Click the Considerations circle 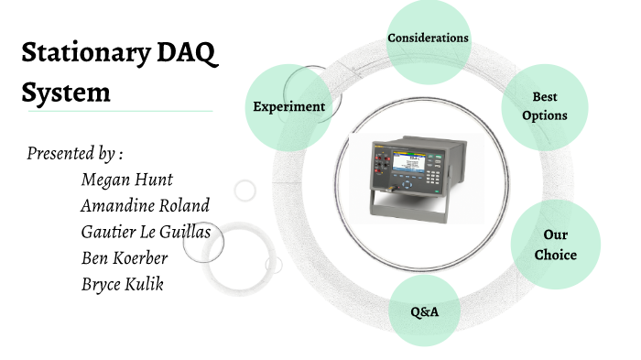(x=428, y=38)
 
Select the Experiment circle (x=288, y=106)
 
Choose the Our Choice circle (x=555, y=245)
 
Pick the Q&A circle (x=425, y=312)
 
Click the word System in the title (x=65, y=92)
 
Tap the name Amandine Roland (x=145, y=205)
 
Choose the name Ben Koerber (x=125, y=257)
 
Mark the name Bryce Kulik (x=122, y=284)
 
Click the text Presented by (x=74, y=152)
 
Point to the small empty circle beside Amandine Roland (x=244, y=191)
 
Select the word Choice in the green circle (x=555, y=255)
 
